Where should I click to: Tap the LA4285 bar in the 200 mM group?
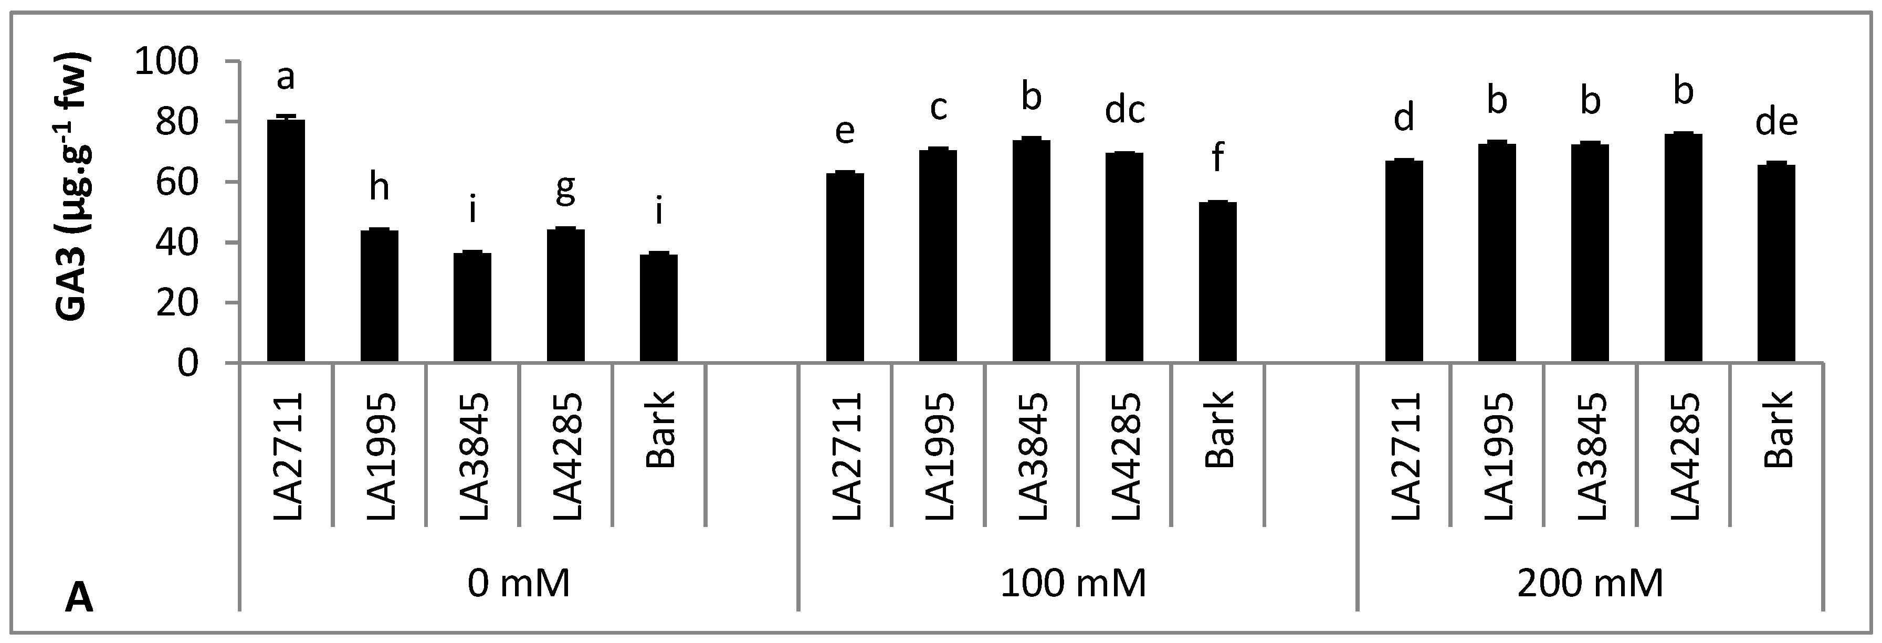[1683, 248]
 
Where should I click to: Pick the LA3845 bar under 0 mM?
[472, 307]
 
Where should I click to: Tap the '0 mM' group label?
[518, 584]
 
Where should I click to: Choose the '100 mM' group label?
[1073, 584]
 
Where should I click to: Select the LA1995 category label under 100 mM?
[938, 457]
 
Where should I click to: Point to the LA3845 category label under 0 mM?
[472, 457]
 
